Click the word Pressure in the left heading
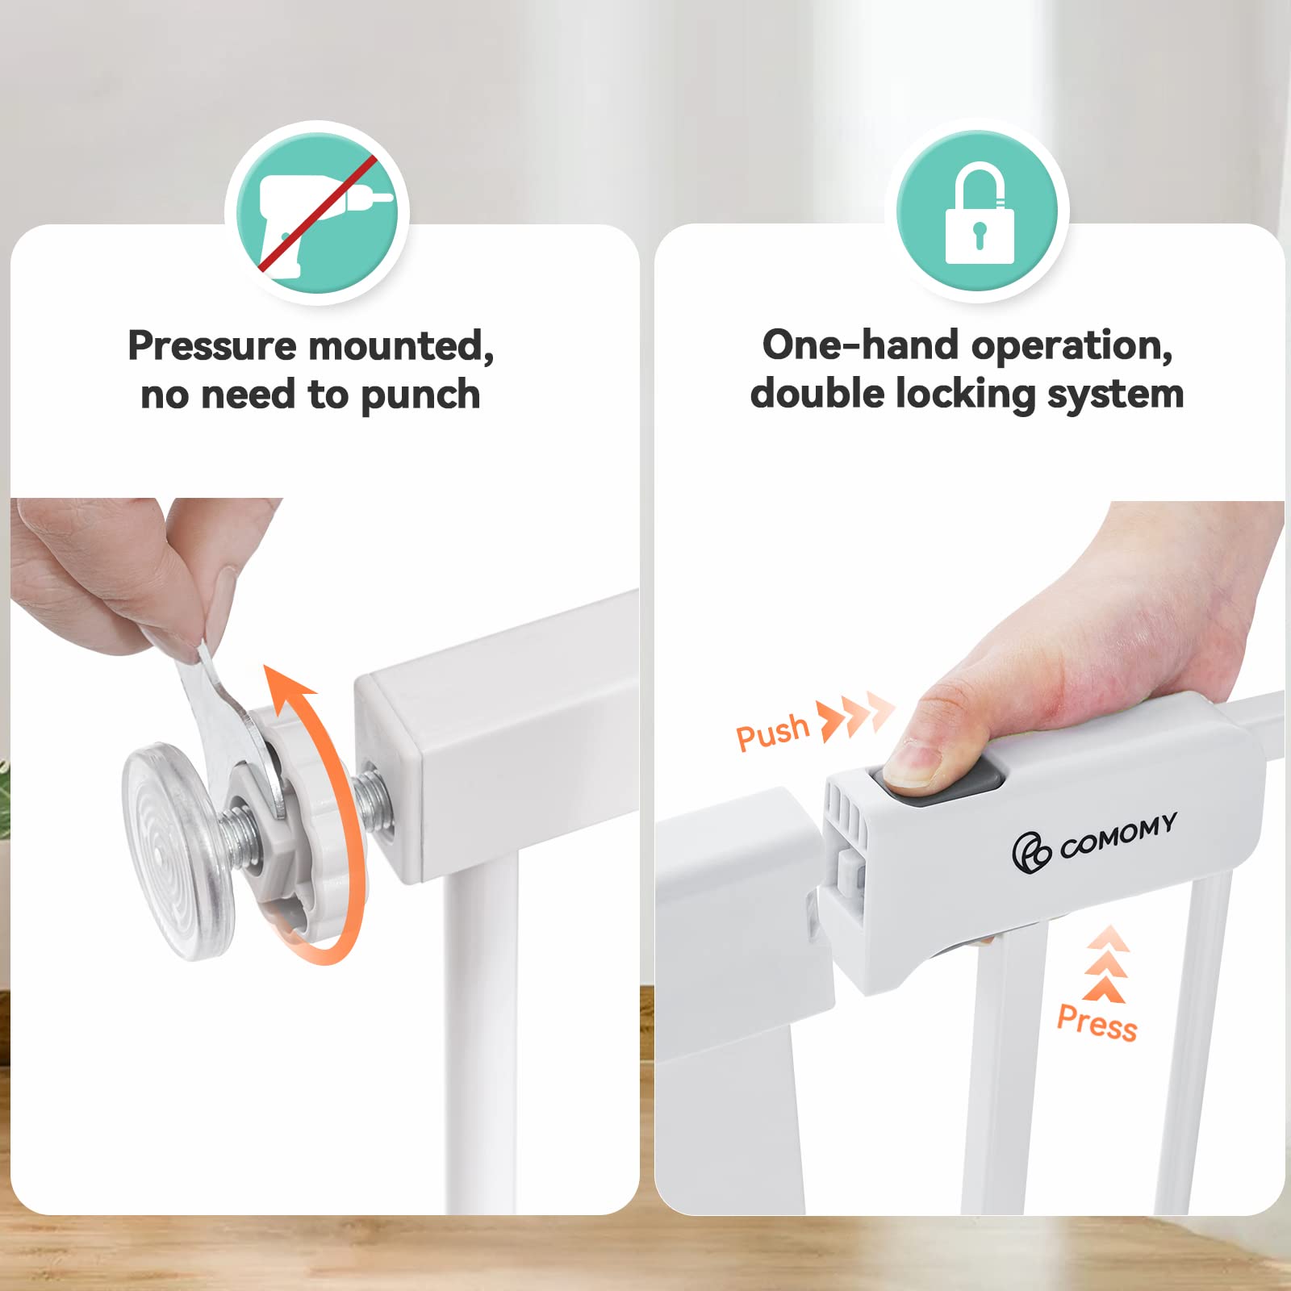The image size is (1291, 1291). [x=212, y=347]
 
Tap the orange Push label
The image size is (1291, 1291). [x=772, y=732]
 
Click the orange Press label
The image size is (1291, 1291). [x=1097, y=1022]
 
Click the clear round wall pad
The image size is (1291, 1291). [x=178, y=851]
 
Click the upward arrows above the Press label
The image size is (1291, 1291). [x=1105, y=963]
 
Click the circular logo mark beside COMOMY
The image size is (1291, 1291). [x=1031, y=853]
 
